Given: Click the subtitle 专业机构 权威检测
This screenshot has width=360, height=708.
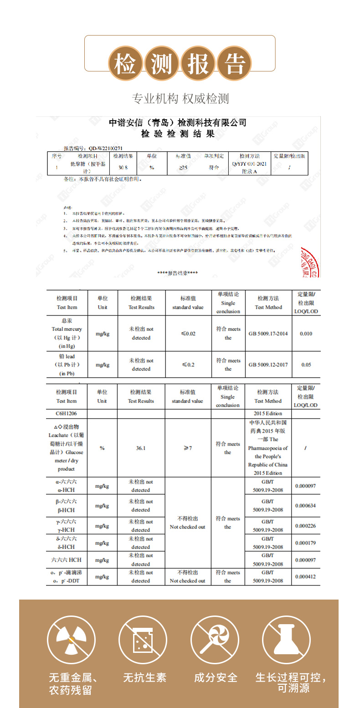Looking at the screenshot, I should tap(180, 98).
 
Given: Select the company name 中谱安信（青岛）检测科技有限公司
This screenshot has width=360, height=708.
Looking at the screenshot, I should tap(178, 123).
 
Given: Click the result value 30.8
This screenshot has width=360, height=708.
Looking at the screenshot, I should tap(123, 167).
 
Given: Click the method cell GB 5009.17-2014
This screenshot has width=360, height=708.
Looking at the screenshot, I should tap(268, 333).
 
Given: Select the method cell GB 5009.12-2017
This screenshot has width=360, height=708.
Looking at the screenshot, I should tap(268, 364).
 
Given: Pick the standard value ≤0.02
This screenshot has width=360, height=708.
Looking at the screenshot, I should tap(188, 333).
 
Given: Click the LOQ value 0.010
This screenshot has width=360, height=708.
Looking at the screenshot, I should tap(306, 333).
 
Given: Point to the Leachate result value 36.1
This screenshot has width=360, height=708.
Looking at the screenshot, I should tap(141, 448).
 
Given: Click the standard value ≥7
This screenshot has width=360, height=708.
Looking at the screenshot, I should tap(187, 448).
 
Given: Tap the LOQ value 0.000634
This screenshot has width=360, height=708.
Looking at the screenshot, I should tap(305, 506).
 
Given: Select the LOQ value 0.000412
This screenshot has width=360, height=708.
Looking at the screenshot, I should tap(305, 577).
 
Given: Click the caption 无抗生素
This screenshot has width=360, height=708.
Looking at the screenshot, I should tap(144, 677).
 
